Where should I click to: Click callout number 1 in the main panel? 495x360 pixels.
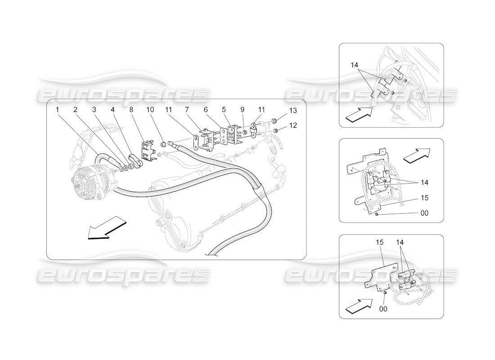[58, 109]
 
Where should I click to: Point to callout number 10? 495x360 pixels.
[149, 109]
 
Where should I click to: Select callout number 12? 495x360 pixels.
[293, 126]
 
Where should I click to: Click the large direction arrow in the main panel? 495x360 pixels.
[106, 228]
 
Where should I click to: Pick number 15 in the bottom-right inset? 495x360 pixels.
[379, 243]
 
